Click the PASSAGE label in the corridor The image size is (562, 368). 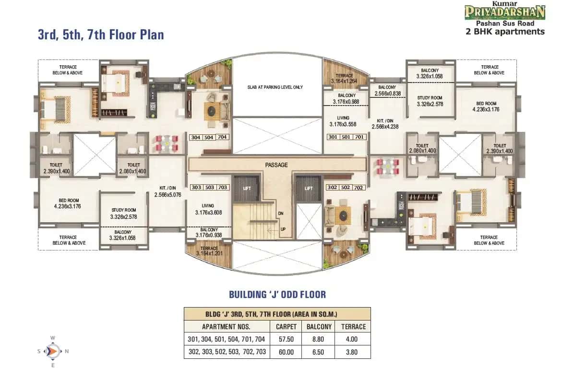click(276, 165)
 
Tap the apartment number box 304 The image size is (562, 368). click(196, 137)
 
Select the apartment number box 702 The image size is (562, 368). click(358, 188)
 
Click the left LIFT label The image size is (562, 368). click(247, 189)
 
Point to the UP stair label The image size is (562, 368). click(283, 229)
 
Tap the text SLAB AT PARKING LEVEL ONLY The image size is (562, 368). click(276, 87)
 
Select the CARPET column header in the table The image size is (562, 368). click(286, 326)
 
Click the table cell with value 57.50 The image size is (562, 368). click(286, 339)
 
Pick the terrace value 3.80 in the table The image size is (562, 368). click(353, 352)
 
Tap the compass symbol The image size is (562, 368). click(52, 351)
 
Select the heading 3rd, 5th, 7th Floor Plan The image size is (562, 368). click(101, 35)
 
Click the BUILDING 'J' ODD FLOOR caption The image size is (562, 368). click(277, 294)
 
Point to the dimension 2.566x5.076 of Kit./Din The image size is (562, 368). click(167, 195)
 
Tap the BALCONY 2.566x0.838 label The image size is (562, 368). click(386, 90)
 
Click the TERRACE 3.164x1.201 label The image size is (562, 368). click(209, 250)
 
